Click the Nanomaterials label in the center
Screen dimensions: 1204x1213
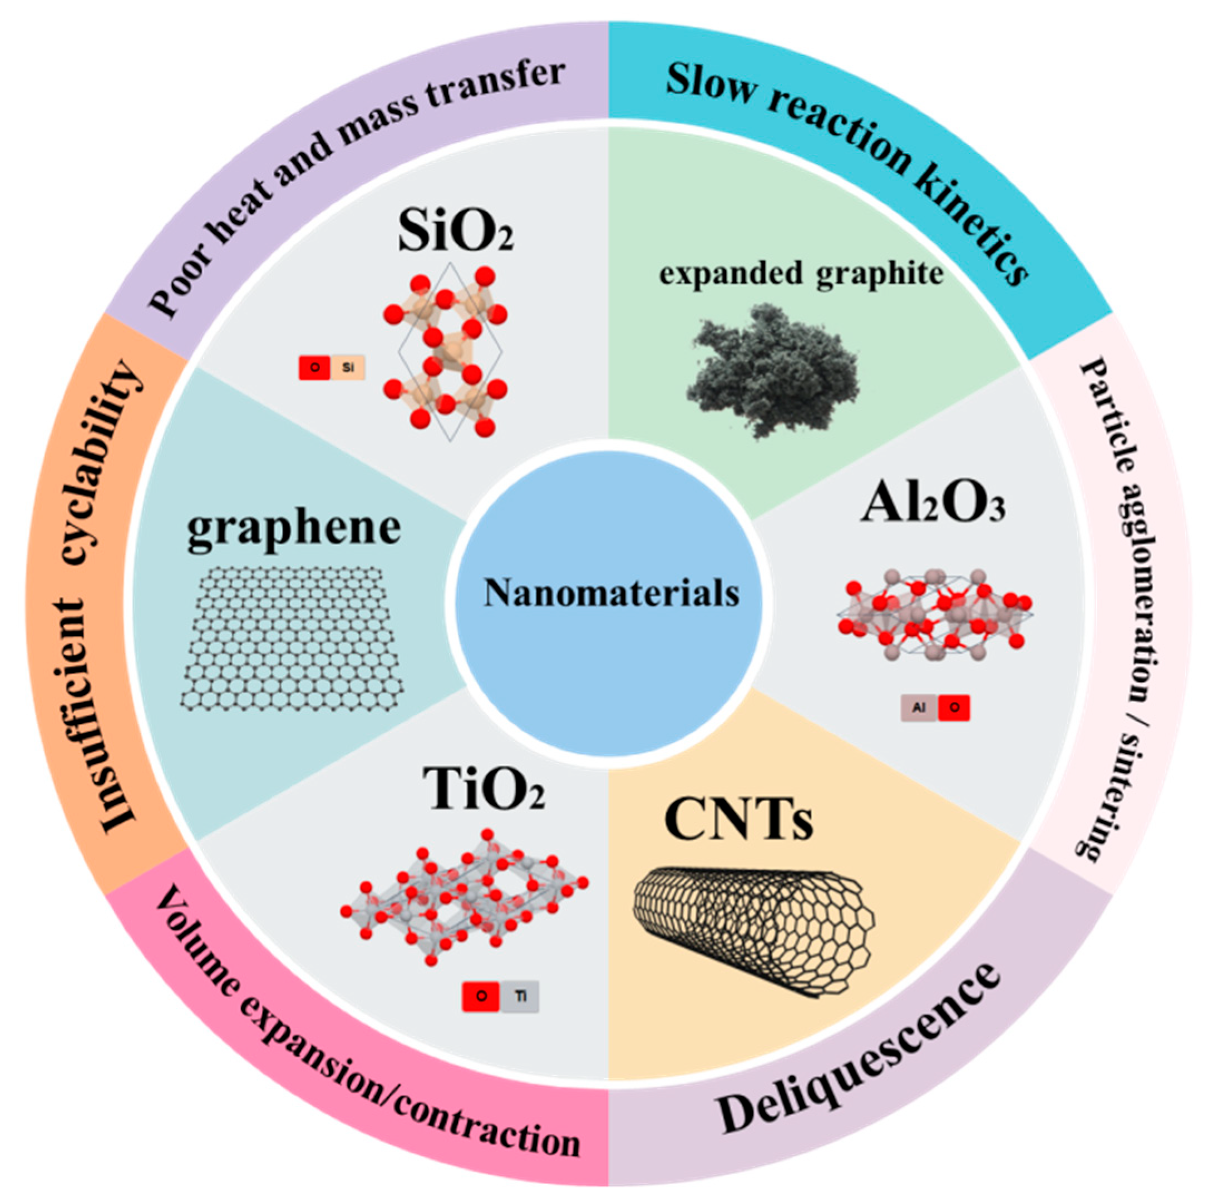611,593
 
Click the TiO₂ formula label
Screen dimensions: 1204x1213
483,790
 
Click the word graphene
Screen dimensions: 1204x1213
294,529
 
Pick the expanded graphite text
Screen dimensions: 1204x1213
801,274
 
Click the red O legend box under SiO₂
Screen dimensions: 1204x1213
314,368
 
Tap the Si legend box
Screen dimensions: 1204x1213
348,368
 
